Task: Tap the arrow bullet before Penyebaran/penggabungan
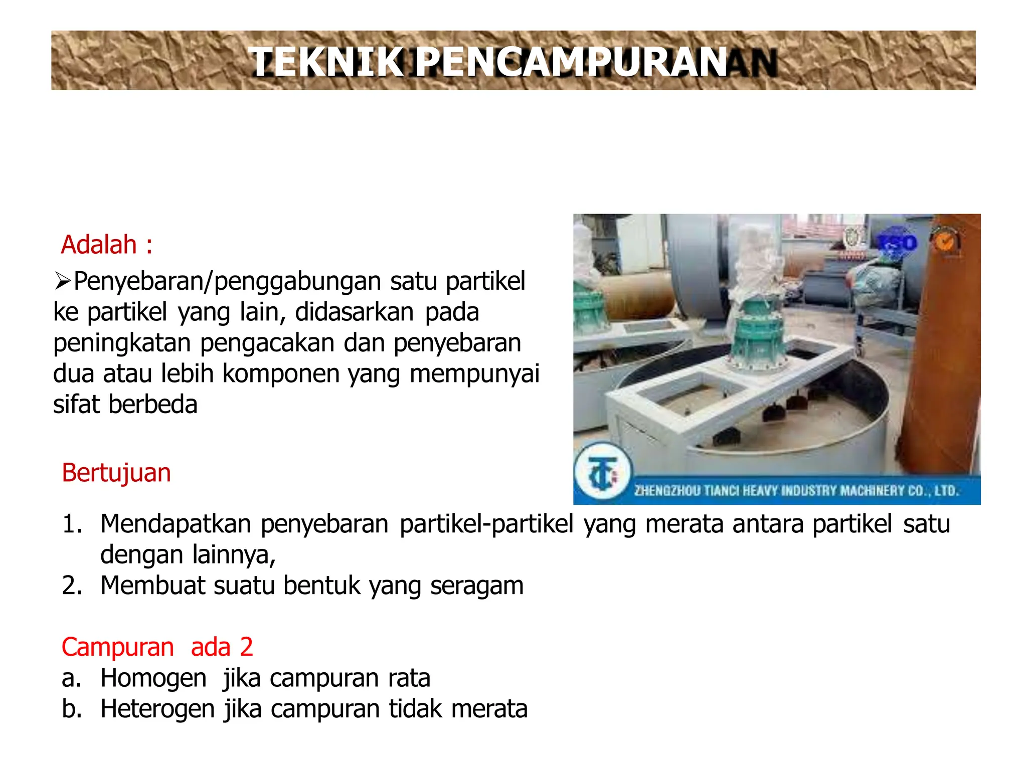[63, 281]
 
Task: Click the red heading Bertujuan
[116, 473]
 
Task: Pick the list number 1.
[71, 524]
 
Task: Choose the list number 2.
[71, 586]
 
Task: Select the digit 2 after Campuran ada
[246, 647]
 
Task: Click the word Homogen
[153, 678]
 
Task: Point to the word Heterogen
[157, 709]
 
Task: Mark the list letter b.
[71, 709]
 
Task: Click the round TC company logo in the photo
[602, 472]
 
